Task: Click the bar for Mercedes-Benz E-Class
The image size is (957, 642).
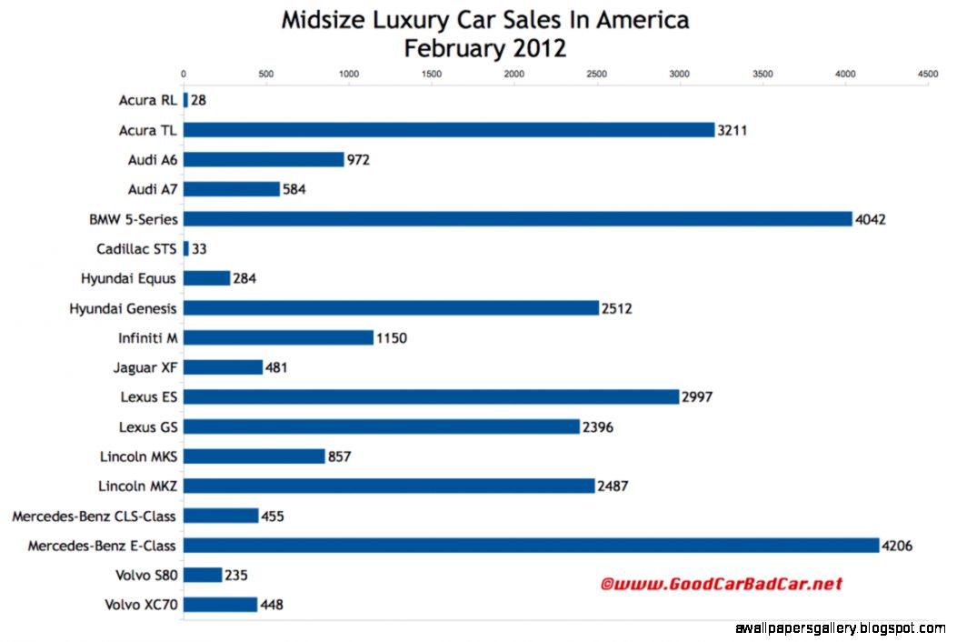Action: [531, 545]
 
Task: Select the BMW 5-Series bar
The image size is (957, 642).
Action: [518, 218]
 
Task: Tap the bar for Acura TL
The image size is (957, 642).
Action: [449, 130]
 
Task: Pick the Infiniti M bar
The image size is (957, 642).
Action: [278, 337]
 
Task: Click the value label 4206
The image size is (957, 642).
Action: [896, 546]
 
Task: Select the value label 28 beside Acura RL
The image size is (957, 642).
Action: [198, 100]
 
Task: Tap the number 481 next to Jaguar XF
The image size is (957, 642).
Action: [277, 367]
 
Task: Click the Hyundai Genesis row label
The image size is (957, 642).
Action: [123, 308]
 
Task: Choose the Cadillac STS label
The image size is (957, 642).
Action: [136, 248]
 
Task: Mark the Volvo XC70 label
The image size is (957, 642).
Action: [141, 605]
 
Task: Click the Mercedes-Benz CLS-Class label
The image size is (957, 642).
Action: [95, 516]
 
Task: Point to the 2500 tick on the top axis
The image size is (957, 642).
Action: [597, 74]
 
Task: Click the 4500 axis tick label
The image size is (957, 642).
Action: [927, 74]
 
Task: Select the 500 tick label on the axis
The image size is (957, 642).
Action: [265, 74]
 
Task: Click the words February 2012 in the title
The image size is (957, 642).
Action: [484, 47]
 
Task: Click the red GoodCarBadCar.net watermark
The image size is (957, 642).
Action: [721, 584]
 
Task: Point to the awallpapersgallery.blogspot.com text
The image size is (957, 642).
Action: [839, 628]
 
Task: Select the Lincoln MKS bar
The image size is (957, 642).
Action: [254, 456]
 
